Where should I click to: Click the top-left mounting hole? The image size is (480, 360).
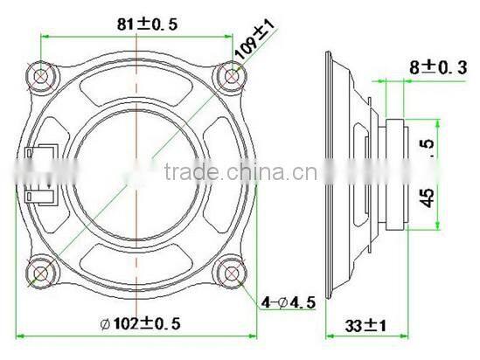(x=42, y=77)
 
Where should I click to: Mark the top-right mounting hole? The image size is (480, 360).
(x=231, y=77)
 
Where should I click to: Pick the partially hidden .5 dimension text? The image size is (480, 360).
(x=427, y=143)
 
